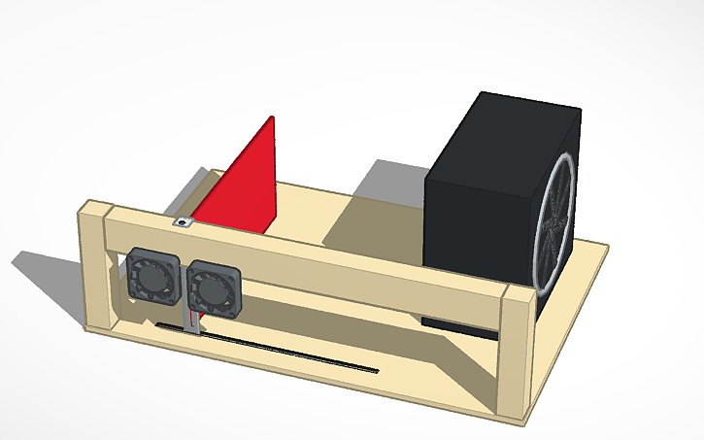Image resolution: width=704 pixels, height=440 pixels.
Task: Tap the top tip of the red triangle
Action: (x=272, y=118)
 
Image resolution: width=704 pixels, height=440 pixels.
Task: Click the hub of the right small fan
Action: (x=209, y=288)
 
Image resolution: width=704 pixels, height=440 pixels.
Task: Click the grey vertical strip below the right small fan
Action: (x=194, y=323)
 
